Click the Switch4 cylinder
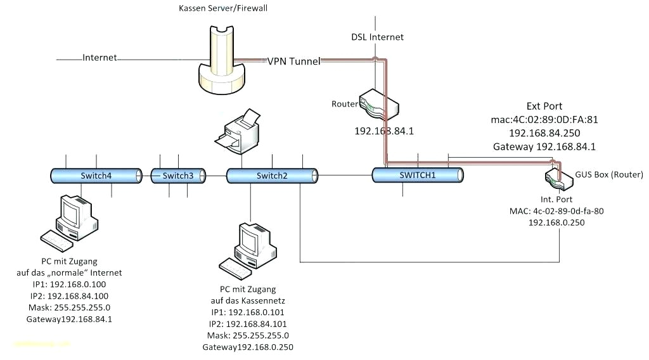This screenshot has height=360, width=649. pyautogui.click(x=96, y=176)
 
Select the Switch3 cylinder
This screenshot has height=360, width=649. pyautogui.click(x=178, y=176)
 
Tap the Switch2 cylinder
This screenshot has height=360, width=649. pyautogui.click(x=272, y=176)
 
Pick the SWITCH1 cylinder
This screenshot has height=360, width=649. pyautogui.click(x=418, y=175)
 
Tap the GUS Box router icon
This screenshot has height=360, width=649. pyautogui.click(x=558, y=178)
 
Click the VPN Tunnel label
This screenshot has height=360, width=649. pyautogui.click(x=293, y=61)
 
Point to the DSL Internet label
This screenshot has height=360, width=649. pyautogui.click(x=378, y=37)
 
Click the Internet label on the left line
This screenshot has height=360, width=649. pyautogui.click(x=100, y=58)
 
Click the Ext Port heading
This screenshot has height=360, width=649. pyautogui.click(x=544, y=106)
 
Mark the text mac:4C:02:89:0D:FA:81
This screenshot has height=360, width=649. pyautogui.click(x=544, y=119)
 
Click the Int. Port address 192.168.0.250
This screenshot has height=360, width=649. pyautogui.click(x=556, y=222)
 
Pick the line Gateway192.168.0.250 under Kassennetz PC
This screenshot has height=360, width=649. pyautogui.click(x=248, y=347)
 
